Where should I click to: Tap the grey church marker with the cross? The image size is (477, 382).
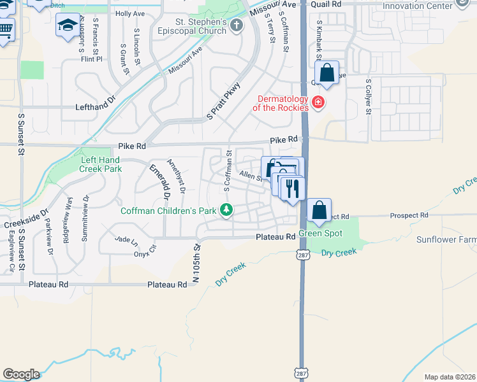click(237, 26)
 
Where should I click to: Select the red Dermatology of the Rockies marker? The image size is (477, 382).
click(317, 102)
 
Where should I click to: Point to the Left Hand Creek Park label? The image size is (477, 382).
click(100, 165)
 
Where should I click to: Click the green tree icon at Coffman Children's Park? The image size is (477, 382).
click(226, 209)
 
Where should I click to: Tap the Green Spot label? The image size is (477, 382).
click(321, 234)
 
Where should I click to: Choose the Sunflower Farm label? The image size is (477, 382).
click(446, 239)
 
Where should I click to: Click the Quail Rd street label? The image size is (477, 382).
click(328, 3)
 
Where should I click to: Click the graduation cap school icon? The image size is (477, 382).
click(67, 26)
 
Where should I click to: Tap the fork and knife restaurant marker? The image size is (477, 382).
click(293, 189)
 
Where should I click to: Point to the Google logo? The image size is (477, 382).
click(21, 374)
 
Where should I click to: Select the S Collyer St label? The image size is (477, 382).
click(369, 97)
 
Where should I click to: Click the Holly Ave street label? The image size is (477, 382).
click(130, 13)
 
